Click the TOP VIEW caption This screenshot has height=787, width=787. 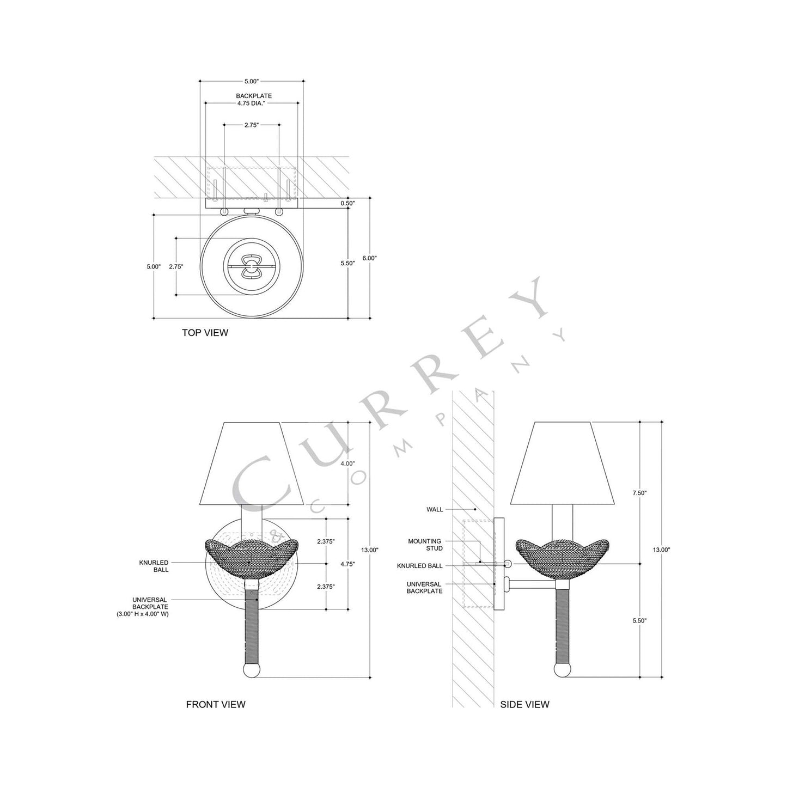click(205, 332)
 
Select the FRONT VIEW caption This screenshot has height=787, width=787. click(216, 704)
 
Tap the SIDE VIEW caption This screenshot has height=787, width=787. click(524, 704)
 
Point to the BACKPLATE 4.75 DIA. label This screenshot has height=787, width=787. click(253, 99)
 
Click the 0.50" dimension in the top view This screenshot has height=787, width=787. click(347, 203)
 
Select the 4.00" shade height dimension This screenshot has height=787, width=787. click(347, 463)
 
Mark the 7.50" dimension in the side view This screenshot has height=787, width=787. click(639, 492)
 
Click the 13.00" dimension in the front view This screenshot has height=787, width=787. click(370, 550)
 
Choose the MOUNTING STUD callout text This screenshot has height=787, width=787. click(425, 545)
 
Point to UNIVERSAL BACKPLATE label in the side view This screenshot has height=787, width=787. click(424, 587)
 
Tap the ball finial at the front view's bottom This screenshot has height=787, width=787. click(252, 669)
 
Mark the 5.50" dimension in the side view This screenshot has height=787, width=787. click(639, 620)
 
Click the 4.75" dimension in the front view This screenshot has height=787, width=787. click(347, 564)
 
